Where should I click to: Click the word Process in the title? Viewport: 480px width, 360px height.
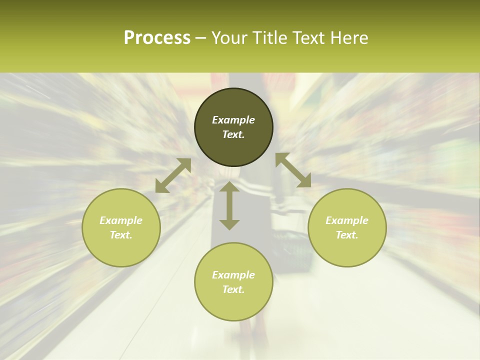[157, 38]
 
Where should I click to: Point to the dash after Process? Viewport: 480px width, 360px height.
[201, 38]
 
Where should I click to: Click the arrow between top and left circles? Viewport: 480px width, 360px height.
[173, 175]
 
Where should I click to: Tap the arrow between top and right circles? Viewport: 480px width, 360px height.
[293, 170]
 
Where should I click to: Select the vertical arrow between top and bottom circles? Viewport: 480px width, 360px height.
[229, 205]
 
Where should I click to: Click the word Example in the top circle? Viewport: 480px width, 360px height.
[233, 120]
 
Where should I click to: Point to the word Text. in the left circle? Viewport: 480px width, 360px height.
[121, 235]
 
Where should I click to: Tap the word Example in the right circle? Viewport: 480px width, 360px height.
[347, 220]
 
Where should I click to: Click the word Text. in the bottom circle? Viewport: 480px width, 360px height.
[233, 289]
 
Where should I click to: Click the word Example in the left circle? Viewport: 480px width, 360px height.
[121, 220]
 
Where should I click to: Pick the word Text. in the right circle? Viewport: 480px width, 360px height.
[347, 235]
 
